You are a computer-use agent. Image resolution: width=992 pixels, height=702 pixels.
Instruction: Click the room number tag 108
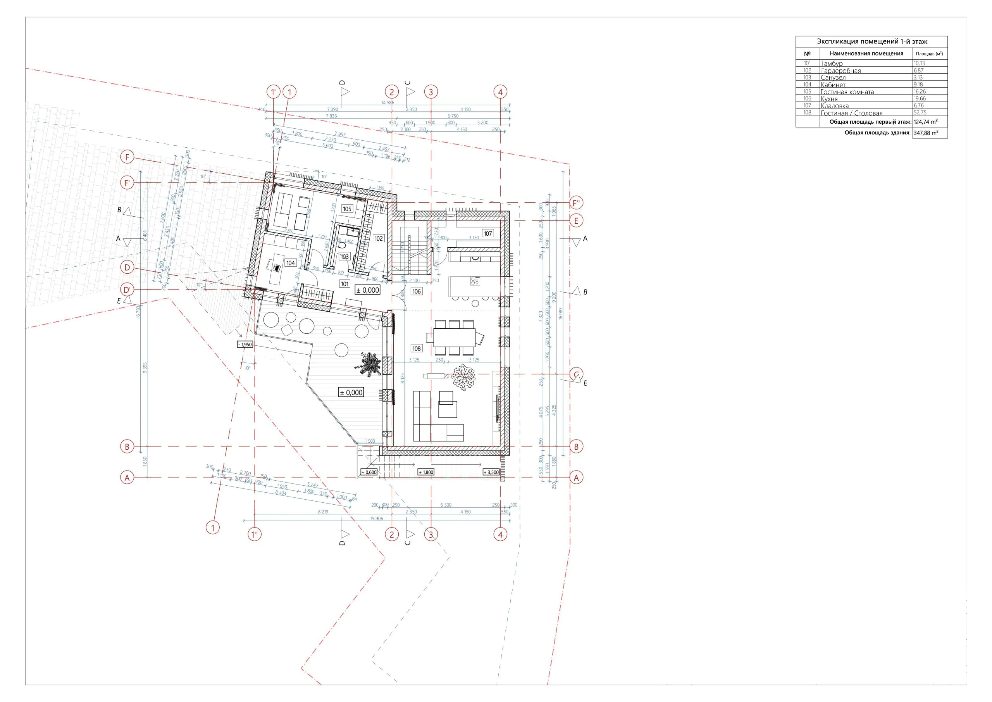tap(416, 348)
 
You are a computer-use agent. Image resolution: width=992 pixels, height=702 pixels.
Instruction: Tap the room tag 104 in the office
tap(290, 263)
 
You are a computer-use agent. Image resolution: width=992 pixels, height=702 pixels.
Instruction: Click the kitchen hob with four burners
tap(475, 281)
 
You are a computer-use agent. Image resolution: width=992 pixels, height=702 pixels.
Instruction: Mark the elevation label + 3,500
tap(491, 472)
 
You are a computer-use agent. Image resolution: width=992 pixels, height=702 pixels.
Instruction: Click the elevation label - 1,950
tap(245, 345)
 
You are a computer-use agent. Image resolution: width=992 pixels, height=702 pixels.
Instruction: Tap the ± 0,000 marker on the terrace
tap(351, 393)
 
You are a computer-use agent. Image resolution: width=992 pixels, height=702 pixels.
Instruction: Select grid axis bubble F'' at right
tap(576, 202)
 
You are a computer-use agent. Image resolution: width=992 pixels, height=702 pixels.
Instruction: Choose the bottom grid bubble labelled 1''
tap(255, 534)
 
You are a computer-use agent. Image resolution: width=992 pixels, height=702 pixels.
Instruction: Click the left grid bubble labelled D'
tap(127, 290)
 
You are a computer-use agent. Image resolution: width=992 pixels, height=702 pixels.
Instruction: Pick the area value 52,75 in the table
tap(920, 112)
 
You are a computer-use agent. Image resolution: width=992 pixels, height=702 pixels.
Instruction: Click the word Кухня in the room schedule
tap(829, 99)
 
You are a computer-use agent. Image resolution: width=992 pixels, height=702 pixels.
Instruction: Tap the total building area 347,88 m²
tap(925, 133)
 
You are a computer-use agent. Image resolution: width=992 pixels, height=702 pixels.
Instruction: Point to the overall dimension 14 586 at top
tap(387, 102)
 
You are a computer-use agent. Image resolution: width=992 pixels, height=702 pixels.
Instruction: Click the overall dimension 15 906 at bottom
tap(376, 518)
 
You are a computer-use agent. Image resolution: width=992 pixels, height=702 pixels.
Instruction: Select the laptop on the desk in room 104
tap(276, 267)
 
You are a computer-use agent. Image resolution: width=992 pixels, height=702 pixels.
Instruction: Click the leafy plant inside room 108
tap(463, 377)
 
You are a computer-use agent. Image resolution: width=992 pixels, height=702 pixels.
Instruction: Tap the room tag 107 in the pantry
tap(487, 233)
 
